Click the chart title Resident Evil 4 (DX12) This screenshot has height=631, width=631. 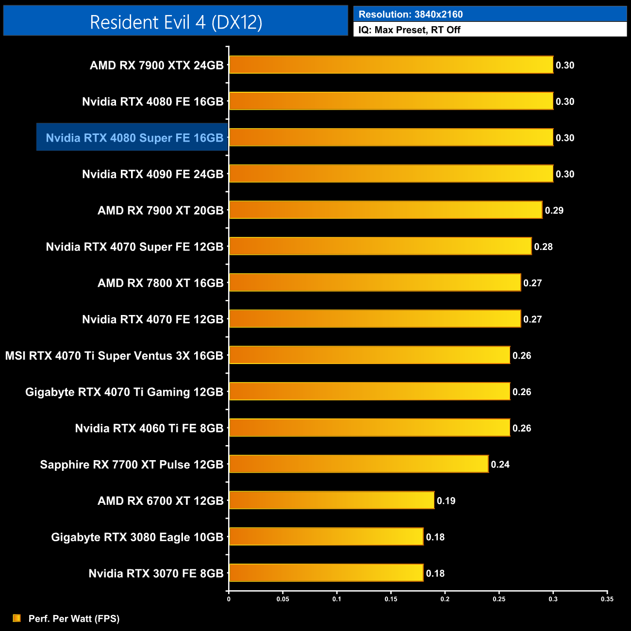(176, 22)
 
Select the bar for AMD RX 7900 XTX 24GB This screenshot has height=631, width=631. (391, 65)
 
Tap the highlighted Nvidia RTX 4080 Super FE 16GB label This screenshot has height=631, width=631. (134, 138)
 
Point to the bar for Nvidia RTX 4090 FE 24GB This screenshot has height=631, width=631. (391, 174)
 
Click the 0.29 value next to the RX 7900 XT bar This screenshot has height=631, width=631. (554, 210)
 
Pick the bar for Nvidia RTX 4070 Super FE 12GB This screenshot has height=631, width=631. (380, 247)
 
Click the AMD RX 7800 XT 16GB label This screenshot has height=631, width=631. (160, 283)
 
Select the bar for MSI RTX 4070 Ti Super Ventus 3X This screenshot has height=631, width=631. (369, 355)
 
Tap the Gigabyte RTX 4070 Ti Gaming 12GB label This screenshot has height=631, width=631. (124, 392)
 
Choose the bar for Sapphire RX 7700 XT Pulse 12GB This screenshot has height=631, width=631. (358, 464)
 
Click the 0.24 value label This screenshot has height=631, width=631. (500, 465)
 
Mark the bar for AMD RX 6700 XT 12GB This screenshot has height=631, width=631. (332, 500)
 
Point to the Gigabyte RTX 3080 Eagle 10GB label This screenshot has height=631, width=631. (137, 537)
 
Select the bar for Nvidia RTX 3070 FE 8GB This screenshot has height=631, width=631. (326, 573)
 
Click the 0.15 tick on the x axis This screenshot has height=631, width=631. (391, 599)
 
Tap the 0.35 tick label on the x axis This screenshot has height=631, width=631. (607, 599)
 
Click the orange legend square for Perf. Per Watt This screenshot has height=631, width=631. (17, 618)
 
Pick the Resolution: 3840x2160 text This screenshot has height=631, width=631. (410, 15)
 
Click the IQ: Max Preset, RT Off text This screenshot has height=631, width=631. (409, 30)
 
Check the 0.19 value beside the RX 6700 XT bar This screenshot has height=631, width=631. (446, 501)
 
